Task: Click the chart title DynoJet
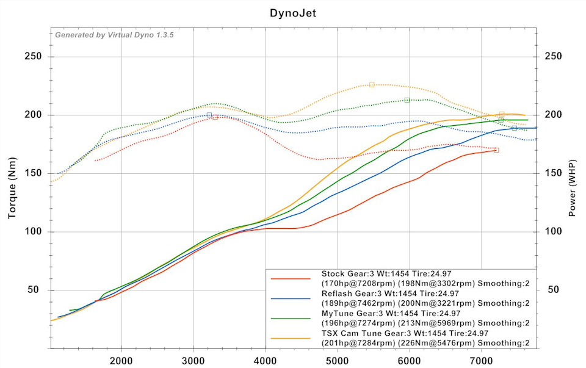pos(293,13)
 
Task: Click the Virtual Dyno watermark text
pos(114,35)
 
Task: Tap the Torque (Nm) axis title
pos(12,188)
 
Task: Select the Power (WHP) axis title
pos(572,188)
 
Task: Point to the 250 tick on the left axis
pos(33,56)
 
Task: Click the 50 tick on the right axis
pos(553,289)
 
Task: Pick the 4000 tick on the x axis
pos(266,361)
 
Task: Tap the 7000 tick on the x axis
pos(481,361)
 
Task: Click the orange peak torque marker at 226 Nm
pos(372,85)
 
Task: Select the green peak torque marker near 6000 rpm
pos(407,100)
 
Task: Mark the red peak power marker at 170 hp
pos(496,150)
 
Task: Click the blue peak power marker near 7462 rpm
pos(514,128)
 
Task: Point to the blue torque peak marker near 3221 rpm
pos(209,115)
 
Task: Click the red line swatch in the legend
pos(291,279)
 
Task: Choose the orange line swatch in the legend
pos(291,339)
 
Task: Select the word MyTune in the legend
pos(335,314)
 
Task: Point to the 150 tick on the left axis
pos(33,173)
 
